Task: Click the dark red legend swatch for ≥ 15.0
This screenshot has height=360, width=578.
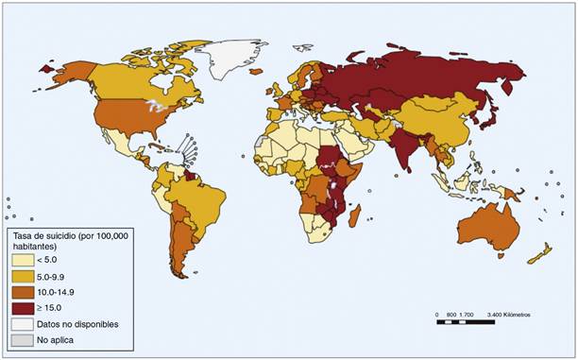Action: pyautogui.click(x=21, y=306)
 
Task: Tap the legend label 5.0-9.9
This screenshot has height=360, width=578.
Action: pyautogui.click(x=53, y=276)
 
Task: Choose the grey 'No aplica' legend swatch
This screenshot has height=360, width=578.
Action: pyautogui.click(x=21, y=337)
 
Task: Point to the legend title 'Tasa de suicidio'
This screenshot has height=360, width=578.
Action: pyautogui.click(x=57, y=233)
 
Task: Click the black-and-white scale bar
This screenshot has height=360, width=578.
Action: pyautogui.click(x=466, y=322)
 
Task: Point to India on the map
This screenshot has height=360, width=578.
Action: pyautogui.click(x=404, y=146)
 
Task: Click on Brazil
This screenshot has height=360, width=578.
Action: pyautogui.click(x=199, y=198)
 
